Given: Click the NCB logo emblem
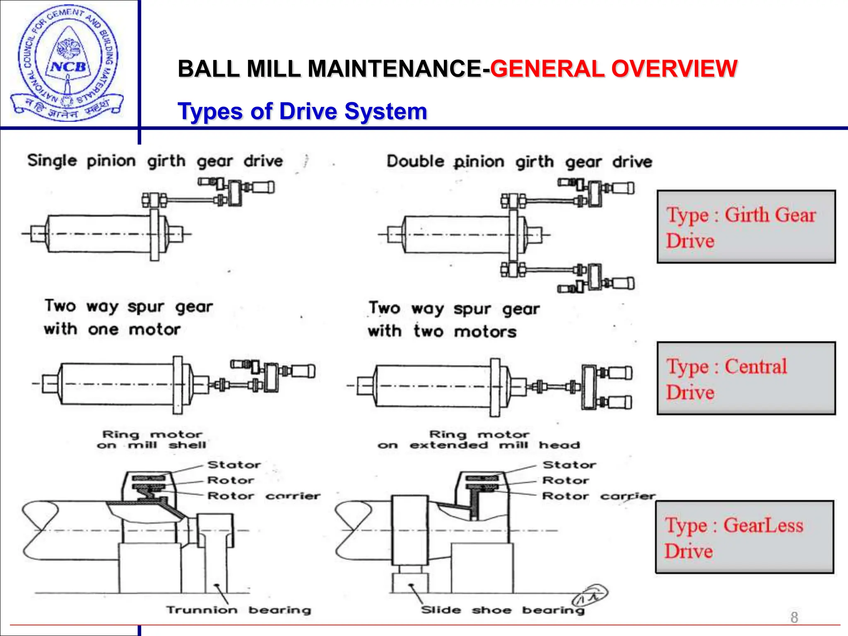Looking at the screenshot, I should coord(67,64).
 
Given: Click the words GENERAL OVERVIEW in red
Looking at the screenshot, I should coord(613,69).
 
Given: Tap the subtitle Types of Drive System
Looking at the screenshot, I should coord(302,111).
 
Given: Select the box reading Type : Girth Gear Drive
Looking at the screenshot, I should coord(746,227).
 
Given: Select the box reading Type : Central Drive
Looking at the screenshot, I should coord(746,378).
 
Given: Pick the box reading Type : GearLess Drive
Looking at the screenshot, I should coord(744,537).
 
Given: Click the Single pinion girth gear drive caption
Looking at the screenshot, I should coord(155,161).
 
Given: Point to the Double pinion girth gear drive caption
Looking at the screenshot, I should coord(519,162).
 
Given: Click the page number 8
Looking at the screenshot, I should coord(794,617).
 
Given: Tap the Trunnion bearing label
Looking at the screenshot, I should coord(238,610).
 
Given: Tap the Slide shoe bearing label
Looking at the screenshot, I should coord(503,610).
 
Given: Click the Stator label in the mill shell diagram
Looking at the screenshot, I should coord(234,465).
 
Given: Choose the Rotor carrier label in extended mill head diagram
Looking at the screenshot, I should coord(599,496).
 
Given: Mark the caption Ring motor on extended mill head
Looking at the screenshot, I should coord(479,440).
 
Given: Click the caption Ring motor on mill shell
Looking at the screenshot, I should coord(152,440).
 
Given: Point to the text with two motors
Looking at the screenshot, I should coord(442,332).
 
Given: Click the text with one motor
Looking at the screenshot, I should coord(112,330).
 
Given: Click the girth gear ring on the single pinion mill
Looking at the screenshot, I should coord(154,235).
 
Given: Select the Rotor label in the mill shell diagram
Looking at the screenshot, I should coord(231,480).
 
